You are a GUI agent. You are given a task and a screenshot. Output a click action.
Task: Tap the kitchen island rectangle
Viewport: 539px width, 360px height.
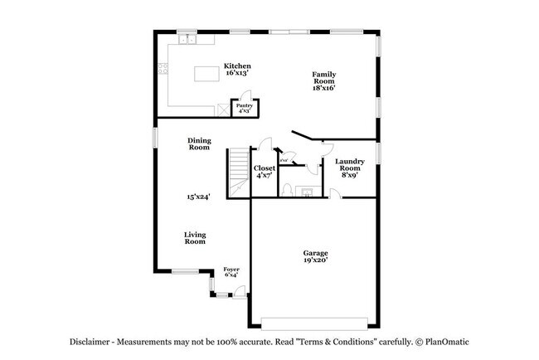click(x=208, y=74)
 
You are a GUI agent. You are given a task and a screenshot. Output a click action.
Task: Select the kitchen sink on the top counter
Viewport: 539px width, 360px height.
click(x=187, y=38)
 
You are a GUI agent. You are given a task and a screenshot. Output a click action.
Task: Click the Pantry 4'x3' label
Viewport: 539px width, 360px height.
click(x=245, y=109)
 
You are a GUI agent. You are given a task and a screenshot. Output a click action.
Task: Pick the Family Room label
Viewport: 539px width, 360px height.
click(x=323, y=79)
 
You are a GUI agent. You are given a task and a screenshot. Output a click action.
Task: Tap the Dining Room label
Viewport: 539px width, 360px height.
click(x=198, y=144)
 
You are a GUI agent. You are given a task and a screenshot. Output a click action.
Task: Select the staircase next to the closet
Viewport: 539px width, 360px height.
click(x=238, y=172)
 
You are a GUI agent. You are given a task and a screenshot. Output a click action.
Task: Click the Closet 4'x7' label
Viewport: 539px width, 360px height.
click(x=265, y=172)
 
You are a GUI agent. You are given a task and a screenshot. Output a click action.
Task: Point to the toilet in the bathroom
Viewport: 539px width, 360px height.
click(x=285, y=190)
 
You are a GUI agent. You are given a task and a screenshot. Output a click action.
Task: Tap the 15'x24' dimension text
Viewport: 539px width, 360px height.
click(x=198, y=197)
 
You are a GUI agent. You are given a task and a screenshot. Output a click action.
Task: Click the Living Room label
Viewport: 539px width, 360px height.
click(x=195, y=238)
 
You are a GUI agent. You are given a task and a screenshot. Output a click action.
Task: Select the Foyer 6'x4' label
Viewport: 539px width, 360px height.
click(x=231, y=272)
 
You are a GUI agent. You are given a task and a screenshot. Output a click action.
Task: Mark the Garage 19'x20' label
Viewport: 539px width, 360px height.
click(x=315, y=257)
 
